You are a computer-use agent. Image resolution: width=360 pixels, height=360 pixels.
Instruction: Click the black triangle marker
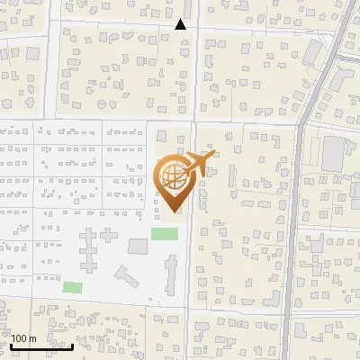[181, 24]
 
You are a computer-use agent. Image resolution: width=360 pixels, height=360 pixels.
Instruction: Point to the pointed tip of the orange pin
[175, 212]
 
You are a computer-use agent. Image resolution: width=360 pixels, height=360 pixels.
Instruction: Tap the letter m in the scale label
[33, 338]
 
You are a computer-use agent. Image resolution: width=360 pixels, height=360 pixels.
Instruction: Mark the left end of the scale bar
[12, 346]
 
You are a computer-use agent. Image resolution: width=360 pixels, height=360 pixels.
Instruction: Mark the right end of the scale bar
[73, 346]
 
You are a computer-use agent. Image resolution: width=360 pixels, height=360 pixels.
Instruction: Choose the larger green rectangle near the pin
[164, 234]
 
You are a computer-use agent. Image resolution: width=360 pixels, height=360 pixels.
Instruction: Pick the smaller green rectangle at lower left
[72, 287]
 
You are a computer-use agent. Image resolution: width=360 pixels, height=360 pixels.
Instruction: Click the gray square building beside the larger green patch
[138, 247]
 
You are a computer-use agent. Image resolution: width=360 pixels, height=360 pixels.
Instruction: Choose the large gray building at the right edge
[334, 155]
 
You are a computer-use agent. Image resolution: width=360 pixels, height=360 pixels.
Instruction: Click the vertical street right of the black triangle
[194, 63]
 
